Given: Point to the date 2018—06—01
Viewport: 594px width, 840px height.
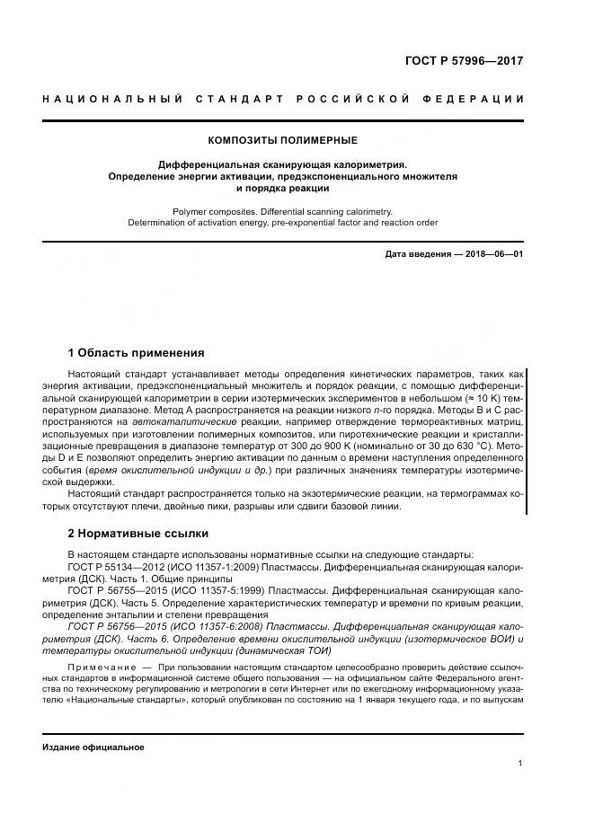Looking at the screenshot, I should click(493, 254).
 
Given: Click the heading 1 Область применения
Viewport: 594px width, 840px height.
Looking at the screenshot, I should click(136, 352).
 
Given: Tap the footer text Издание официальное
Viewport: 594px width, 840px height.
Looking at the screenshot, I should click(93, 747).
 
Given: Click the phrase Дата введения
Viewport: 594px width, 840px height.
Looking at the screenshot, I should click(418, 254).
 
